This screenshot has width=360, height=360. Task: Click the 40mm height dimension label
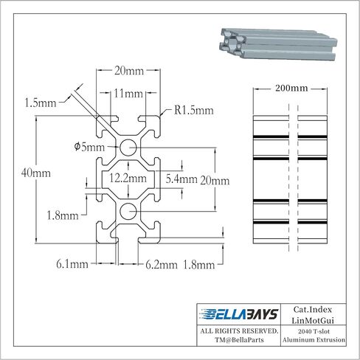pyautogui.click(x=36, y=173)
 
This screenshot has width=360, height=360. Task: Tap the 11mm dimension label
pyautogui.click(x=128, y=94)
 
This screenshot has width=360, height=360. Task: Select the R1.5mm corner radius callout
pyautogui.click(x=194, y=110)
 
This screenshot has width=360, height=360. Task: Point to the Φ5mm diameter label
pyautogui.click(x=89, y=147)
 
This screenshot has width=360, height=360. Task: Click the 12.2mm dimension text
pyautogui.click(x=128, y=178)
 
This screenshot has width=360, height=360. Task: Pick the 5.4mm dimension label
pyautogui.click(x=181, y=179)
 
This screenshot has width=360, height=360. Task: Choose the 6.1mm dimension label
pyautogui.click(x=72, y=264)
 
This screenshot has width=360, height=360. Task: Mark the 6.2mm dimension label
pyautogui.click(x=162, y=265)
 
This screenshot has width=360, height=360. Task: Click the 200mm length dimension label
pyautogui.click(x=291, y=88)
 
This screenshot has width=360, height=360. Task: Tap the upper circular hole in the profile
pyautogui.click(x=128, y=148)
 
